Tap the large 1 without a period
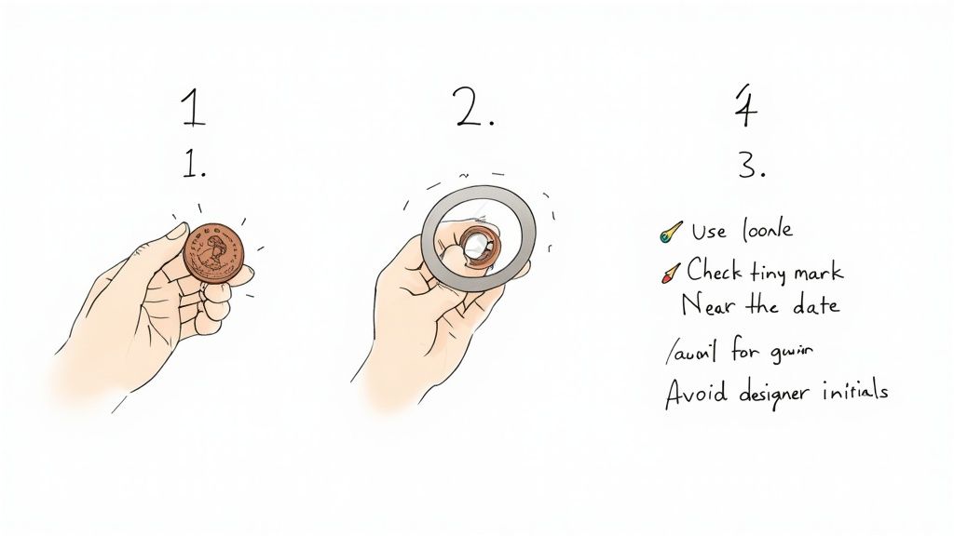coord(193,109)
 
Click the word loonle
coord(769,228)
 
